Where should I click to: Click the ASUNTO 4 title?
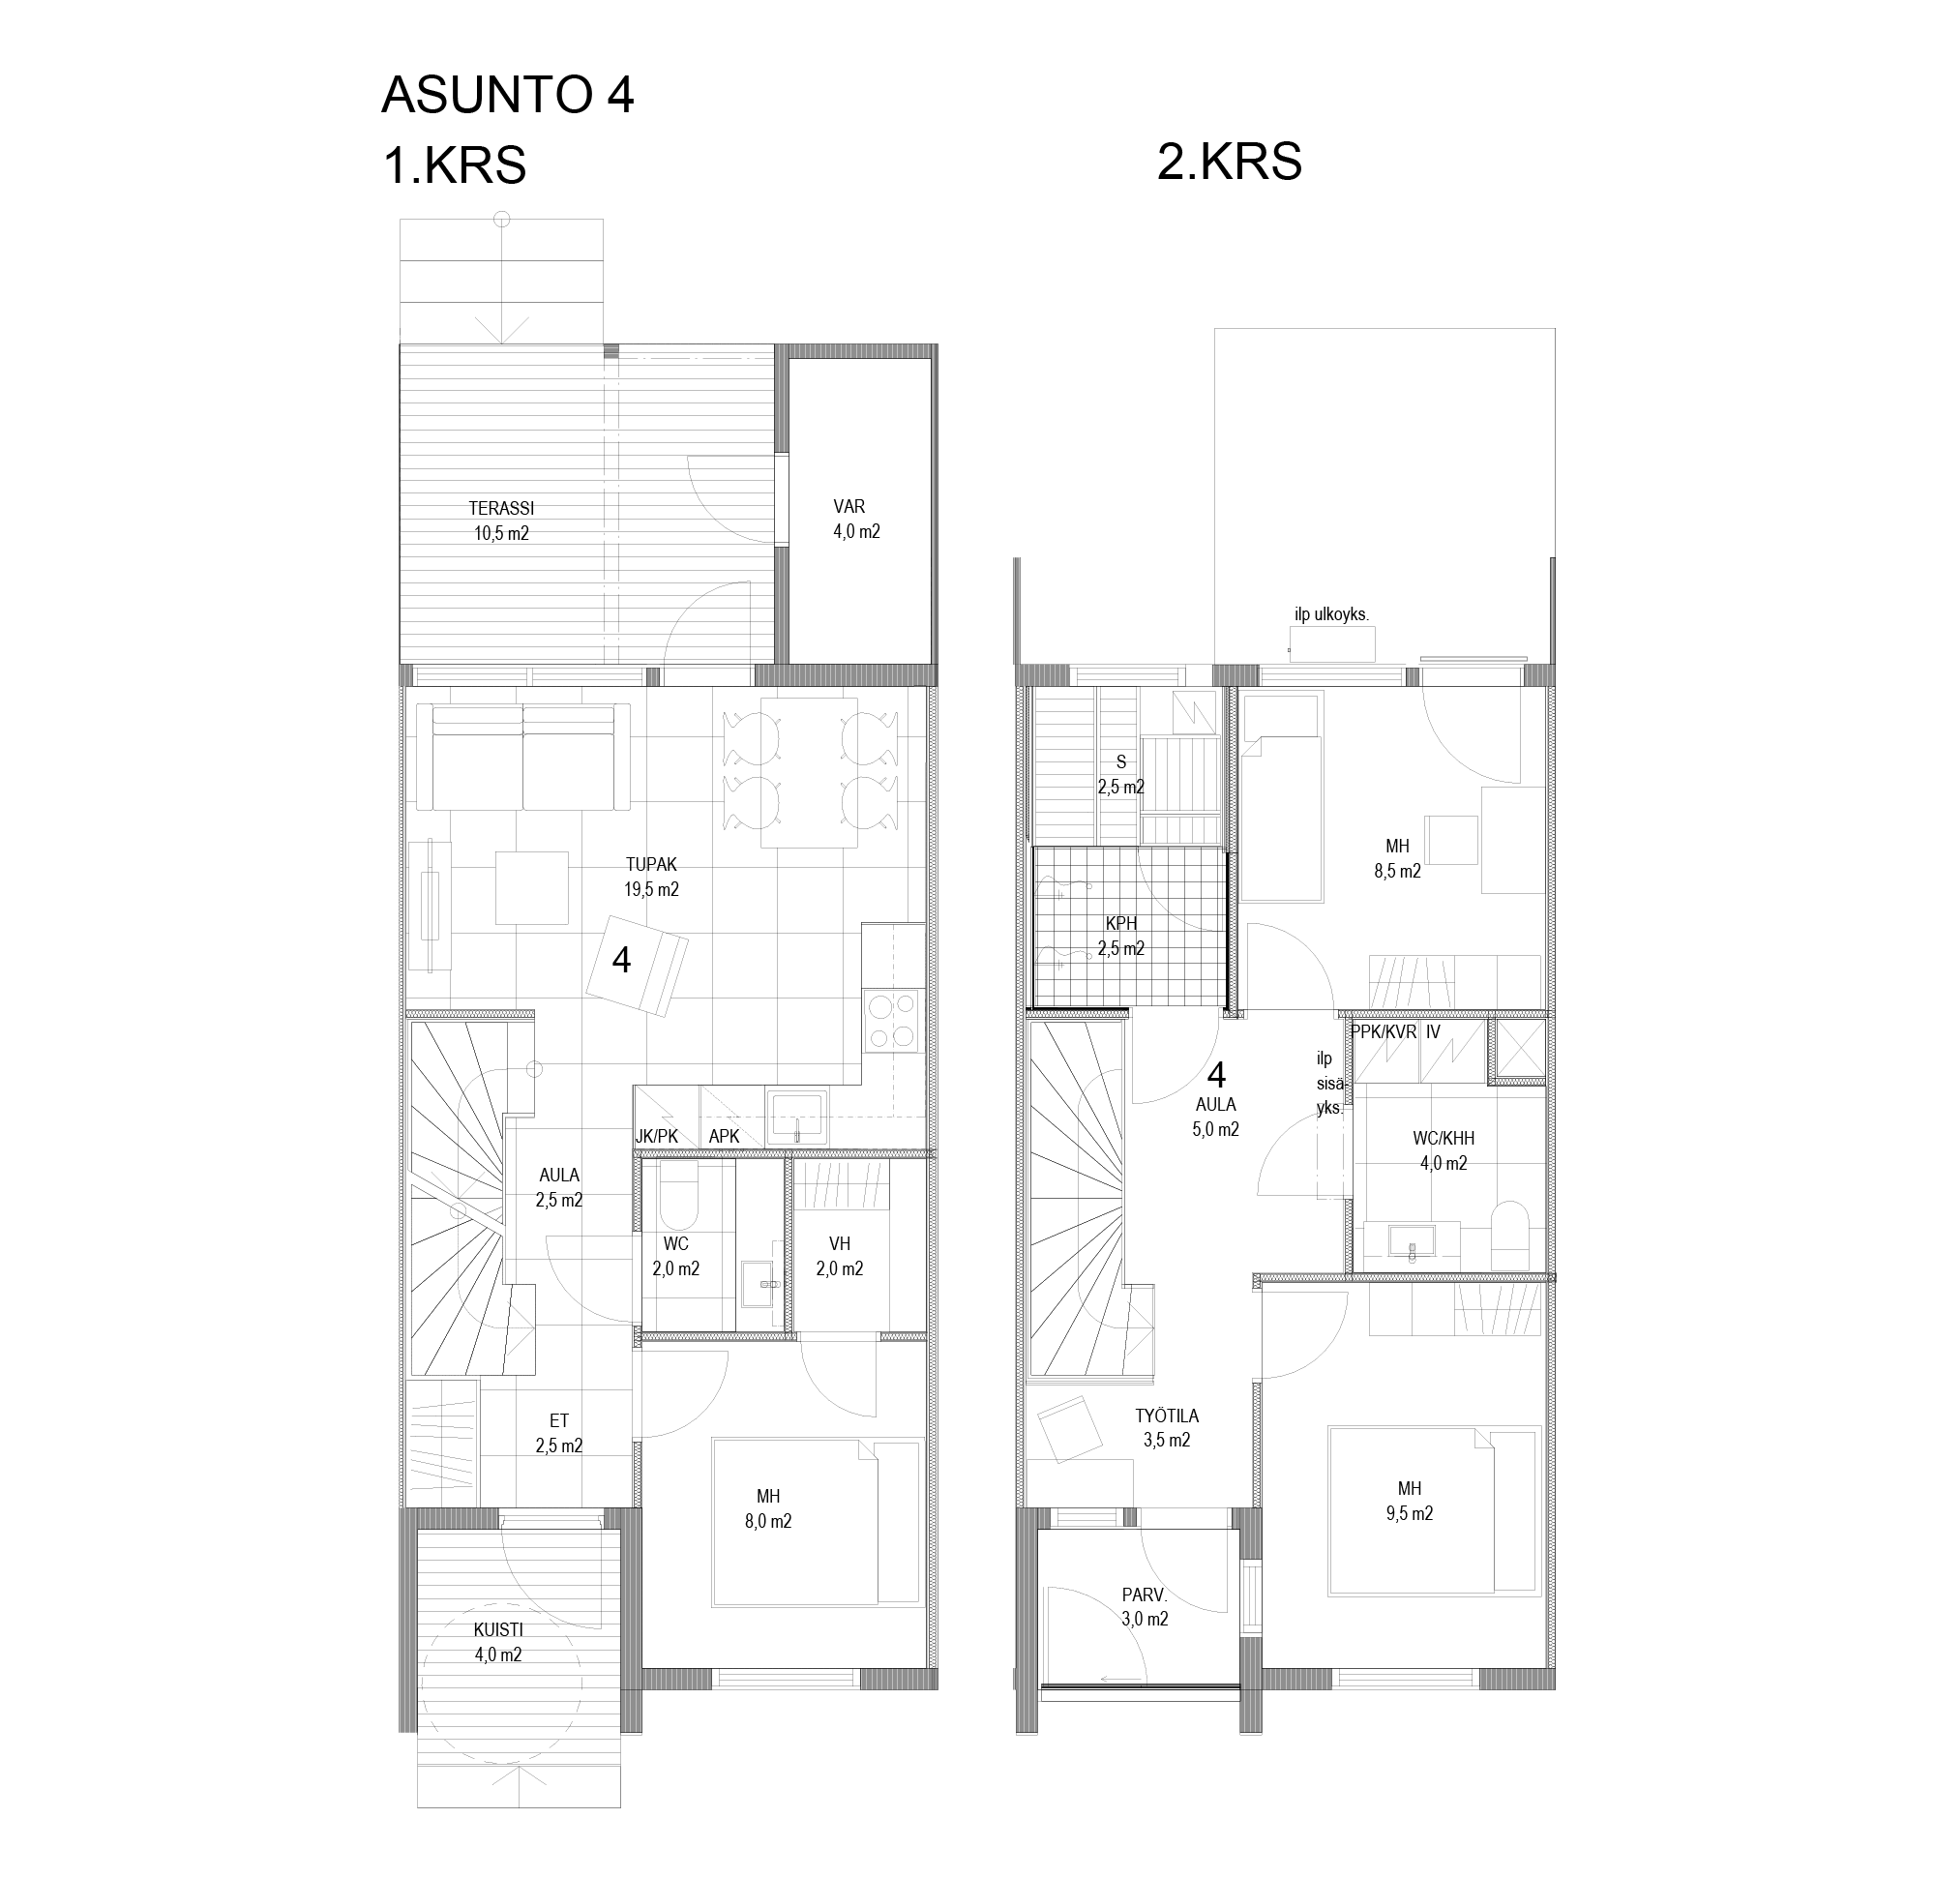pos(507,95)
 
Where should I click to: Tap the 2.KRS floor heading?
pos(1229,161)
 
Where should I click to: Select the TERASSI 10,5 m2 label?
pos(501,522)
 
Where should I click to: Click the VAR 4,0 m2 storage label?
pos(856,520)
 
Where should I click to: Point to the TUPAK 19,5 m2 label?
pos(651,877)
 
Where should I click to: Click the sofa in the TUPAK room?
pos(522,758)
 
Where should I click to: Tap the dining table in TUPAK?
pos(809,773)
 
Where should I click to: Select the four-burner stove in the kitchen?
pos(892,1021)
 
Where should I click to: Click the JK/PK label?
pos(657,1137)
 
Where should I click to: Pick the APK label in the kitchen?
pos(724,1137)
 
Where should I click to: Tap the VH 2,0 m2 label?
pos(839,1256)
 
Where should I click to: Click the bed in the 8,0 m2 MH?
pos(794,1523)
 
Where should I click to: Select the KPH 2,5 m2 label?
pos(1121,936)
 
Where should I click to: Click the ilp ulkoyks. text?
pos(1332,614)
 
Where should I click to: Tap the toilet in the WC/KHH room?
pos(1509,1235)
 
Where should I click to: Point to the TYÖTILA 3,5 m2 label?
pos(1167,1428)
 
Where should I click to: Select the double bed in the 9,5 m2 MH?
pos(1411,1509)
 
